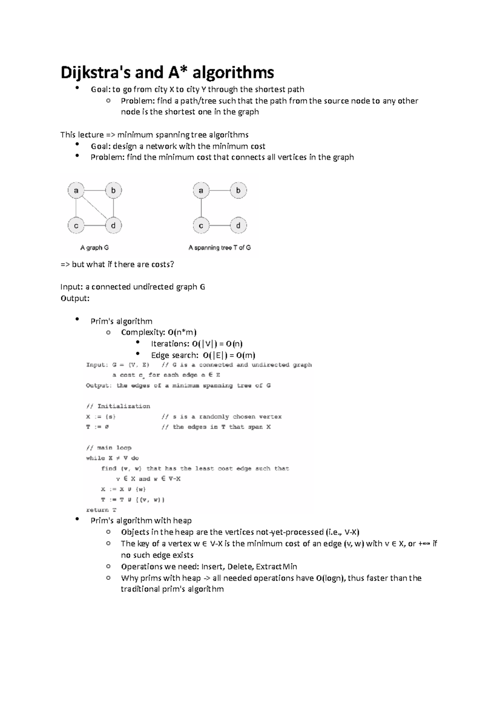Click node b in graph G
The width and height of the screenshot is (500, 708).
[x=113, y=191]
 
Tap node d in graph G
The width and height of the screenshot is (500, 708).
[x=113, y=226]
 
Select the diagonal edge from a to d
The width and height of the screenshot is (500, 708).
[x=95, y=208]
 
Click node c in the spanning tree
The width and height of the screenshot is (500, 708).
[x=201, y=226]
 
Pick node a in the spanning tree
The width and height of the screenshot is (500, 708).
[x=201, y=191]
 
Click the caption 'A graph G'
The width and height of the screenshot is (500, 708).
[x=94, y=248]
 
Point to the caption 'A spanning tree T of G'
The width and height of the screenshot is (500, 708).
[x=220, y=248]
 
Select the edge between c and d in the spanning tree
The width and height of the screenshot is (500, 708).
[x=220, y=226]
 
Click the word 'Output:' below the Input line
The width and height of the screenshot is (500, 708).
[x=75, y=299]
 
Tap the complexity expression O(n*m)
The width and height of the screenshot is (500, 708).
[x=182, y=332]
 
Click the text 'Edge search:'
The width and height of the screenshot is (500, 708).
[x=175, y=355]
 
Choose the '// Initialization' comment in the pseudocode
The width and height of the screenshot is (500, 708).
[x=118, y=406]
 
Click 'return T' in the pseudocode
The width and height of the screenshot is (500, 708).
[x=101, y=510]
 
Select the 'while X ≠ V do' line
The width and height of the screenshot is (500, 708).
[x=112, y=458]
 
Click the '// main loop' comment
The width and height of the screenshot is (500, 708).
[x=109, y=448]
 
